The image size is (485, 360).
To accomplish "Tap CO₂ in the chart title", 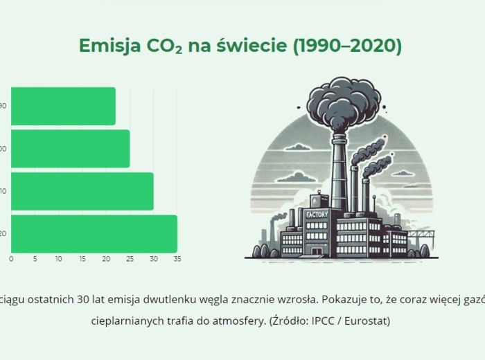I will (x=164, y=46).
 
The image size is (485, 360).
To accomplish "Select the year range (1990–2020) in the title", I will (x=347, y=46).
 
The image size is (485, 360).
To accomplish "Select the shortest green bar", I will (x=63, y=106).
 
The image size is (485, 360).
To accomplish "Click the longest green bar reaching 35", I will (x=94, y=234).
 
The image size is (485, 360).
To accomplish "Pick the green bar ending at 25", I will (x=70, y=148).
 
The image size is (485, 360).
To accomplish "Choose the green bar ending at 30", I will (x=82, y=191).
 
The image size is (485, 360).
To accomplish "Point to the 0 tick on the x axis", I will (x=11, y=259).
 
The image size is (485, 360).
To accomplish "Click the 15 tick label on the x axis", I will (x=82, y=259).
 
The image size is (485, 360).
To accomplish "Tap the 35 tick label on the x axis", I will (x=177, y=259).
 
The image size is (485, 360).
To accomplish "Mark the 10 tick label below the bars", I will (x=59, y=259).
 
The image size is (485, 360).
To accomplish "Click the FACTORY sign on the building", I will (x=317, y=215).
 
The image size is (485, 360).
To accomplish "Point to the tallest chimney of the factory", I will (x=338, y=173).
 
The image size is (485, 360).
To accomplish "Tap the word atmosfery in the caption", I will (x=240, y=321).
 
